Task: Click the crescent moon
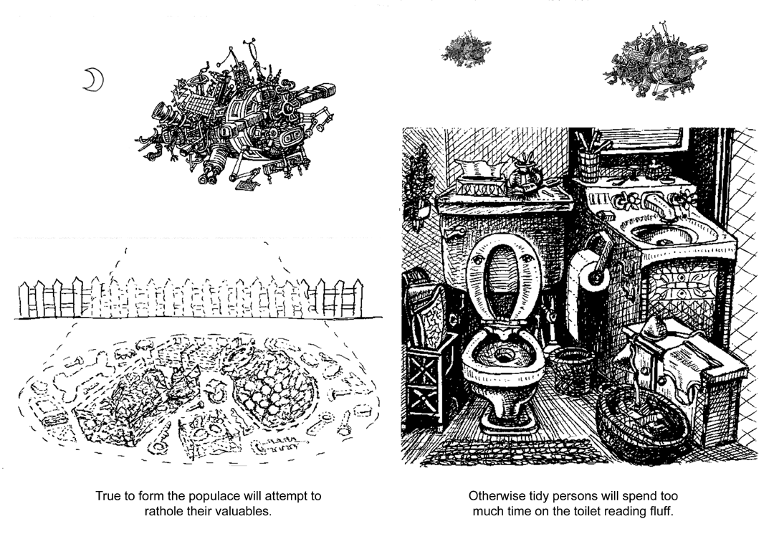93,80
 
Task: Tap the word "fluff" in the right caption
655,510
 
